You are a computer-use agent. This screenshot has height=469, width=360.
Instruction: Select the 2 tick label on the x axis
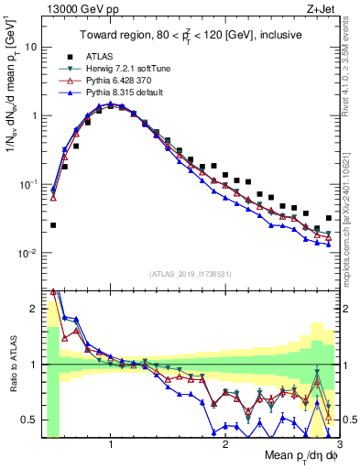click(x=225, y=445)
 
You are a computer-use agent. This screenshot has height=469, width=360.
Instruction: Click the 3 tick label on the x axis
click(x=340, y=445)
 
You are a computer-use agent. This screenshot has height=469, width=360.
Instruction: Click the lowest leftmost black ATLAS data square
click(x=53, y=224)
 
